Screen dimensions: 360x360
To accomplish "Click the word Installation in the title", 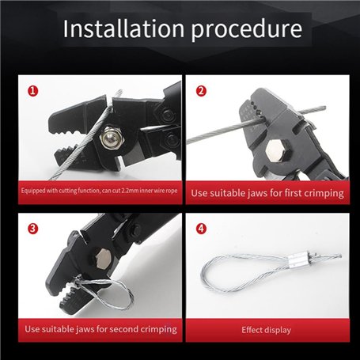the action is click(x=123, y=28).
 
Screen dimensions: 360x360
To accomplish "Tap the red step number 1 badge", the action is click(x=33, y=91).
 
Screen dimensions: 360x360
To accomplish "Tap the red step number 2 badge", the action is click(x=201, y=91).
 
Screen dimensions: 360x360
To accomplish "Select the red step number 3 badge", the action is click(x=33, y=229).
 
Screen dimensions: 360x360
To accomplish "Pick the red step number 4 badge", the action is click(x=201, y=229).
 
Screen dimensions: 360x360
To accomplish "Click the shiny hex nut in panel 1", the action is click(x=111, y=137).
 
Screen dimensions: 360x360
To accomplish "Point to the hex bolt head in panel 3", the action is click(x=103, y=259).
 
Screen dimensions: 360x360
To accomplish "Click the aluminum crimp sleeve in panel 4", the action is click(x=297, y=260).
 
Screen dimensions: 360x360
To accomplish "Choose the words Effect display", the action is click(x=267, y=330).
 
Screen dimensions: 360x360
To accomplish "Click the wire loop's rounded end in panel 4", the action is click(x=203, y=275).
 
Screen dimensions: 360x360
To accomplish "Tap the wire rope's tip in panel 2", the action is click(x=324, y=108).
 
